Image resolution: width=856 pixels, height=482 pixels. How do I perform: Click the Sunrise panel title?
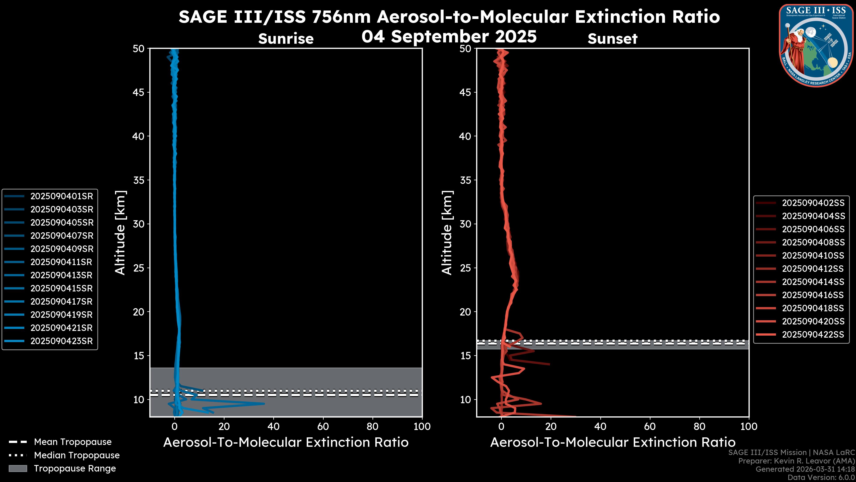[286, 39]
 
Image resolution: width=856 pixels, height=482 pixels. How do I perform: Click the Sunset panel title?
[612, 39]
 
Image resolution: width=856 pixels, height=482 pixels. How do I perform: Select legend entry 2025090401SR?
[62, 196]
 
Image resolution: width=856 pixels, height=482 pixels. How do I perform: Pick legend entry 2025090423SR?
[62, 341]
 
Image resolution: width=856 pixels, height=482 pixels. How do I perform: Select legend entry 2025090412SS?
[813, 268]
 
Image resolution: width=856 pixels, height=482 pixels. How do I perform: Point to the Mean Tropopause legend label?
[73, 442]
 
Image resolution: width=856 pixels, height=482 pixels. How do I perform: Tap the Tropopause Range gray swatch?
[18, 468]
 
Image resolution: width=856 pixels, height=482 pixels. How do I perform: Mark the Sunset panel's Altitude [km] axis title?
[447, 233]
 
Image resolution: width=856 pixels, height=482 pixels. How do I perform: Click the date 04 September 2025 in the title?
[449, 36]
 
